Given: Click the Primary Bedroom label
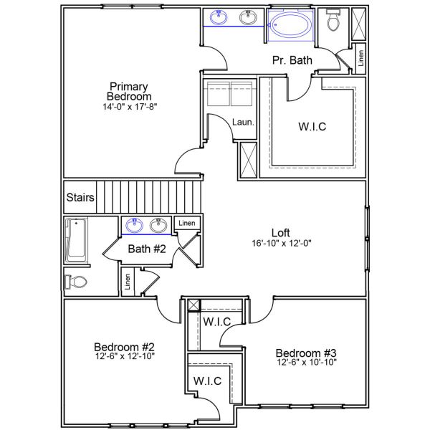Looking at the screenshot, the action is point(129,92).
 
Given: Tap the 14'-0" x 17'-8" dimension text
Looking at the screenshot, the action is point(130,107).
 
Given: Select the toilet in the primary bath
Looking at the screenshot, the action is point(333,20).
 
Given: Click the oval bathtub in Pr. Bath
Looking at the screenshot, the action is point(291,25).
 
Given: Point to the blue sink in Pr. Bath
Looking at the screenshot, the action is point(219,17).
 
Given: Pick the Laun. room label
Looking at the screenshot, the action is point(243,122).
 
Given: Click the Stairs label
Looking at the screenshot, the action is point(80,197).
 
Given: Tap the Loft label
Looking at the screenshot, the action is point(280,232).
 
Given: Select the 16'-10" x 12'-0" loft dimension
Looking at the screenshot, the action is point(282,243).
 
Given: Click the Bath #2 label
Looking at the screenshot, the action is point(147,249).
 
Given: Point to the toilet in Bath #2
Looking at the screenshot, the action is point(75,282).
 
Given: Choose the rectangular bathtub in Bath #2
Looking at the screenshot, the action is point(76,240).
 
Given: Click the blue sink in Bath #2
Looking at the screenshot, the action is point(135,226).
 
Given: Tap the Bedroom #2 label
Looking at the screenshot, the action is point(124,347).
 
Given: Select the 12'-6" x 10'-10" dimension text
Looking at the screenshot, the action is point(307,362).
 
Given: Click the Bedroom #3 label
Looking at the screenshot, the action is point(306,353).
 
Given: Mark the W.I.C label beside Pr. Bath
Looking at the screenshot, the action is point(312,127).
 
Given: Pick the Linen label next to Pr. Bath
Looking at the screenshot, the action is point(361,58).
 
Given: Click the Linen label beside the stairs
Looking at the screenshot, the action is point(187,223).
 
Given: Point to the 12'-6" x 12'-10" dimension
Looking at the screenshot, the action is point(125,356).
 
